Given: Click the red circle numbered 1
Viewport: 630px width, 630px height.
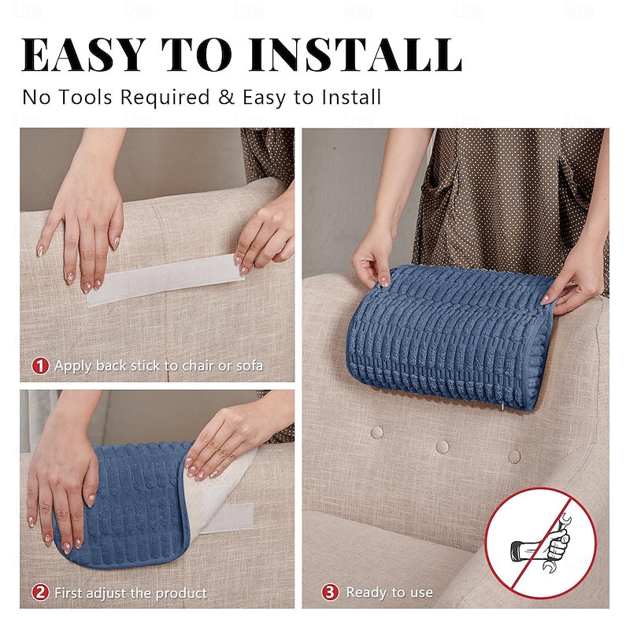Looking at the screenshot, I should pyautogui.click(x=40, y=365).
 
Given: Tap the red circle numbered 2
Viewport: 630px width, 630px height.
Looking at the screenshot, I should pyautogui.click(x=40, y=592).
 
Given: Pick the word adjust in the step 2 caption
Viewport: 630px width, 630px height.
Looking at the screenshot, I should pyautogui.click(x=113, y=593).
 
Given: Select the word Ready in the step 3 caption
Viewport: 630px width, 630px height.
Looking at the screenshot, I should pyautogui.click(x=367, y=593).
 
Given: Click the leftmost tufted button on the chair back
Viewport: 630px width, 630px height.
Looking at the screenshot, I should pyautogui.click(x=377, y=432).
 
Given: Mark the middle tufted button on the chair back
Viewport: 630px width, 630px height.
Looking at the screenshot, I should pyautogui.click(x=443, y=447).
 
